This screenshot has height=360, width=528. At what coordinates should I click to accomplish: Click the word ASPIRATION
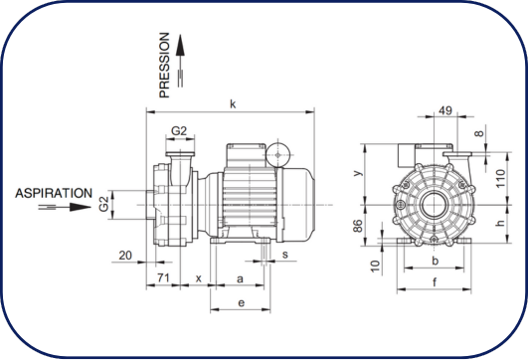click(54, 193)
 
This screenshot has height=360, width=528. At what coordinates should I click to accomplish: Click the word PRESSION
click(164, 65)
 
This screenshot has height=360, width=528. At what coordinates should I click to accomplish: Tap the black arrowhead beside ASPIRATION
click(81, 207)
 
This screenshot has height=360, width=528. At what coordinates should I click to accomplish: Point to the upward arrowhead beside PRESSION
click(181, 45)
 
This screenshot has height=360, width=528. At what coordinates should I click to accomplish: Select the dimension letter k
click(233, 104)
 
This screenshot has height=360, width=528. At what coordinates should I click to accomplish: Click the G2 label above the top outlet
click(179, 130)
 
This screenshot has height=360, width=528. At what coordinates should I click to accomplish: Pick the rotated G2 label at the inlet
click(104, 204)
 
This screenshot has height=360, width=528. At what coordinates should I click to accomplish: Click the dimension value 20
click(125, 256)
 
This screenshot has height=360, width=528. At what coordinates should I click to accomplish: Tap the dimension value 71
click(163, 277)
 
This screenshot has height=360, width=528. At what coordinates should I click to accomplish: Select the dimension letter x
click(199, 278)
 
